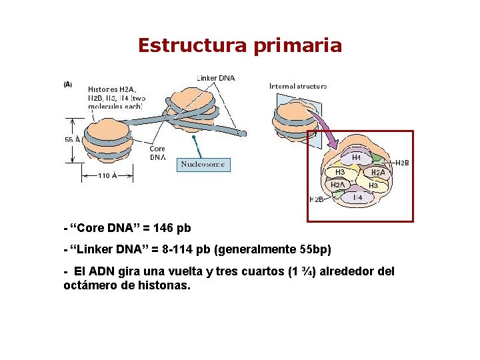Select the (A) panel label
[68, 85]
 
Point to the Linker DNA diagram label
[215, 78]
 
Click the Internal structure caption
[297, 86]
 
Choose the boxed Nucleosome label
[203, 164]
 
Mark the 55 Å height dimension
[73, 140]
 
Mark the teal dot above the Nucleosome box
[193, 137]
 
